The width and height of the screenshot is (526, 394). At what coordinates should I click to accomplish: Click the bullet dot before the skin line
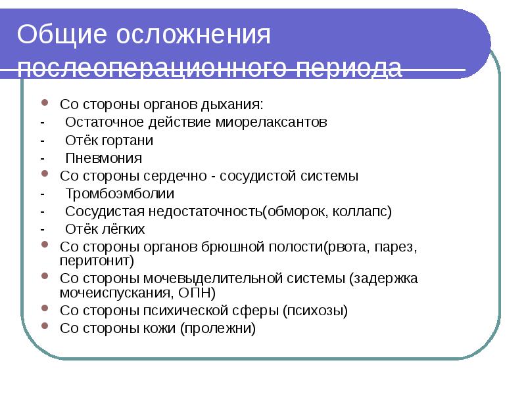[x=45, y=326]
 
